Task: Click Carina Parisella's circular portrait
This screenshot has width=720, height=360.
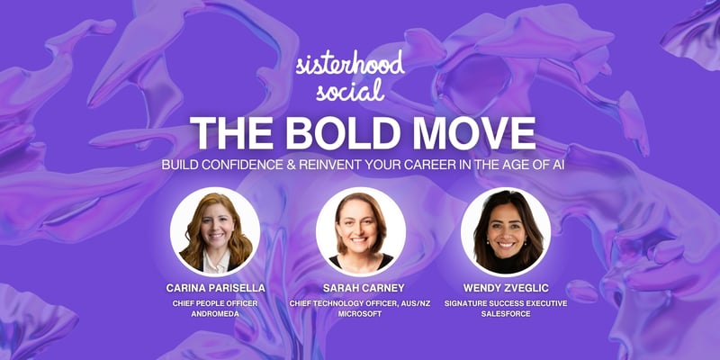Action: point(215,231)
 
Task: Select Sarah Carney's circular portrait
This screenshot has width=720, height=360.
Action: point(360,231)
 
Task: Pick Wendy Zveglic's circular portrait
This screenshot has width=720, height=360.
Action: point(505,231)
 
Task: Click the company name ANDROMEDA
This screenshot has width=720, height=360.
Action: point(215,316)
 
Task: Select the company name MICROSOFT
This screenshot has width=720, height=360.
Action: point(360,316)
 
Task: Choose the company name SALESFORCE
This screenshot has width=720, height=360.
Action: point(505,316)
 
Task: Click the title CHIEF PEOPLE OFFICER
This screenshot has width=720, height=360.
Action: point(215,304)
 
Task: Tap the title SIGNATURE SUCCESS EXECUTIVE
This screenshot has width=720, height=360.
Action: point(505,304)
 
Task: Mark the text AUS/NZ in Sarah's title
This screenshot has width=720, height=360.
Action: point(418,304)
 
